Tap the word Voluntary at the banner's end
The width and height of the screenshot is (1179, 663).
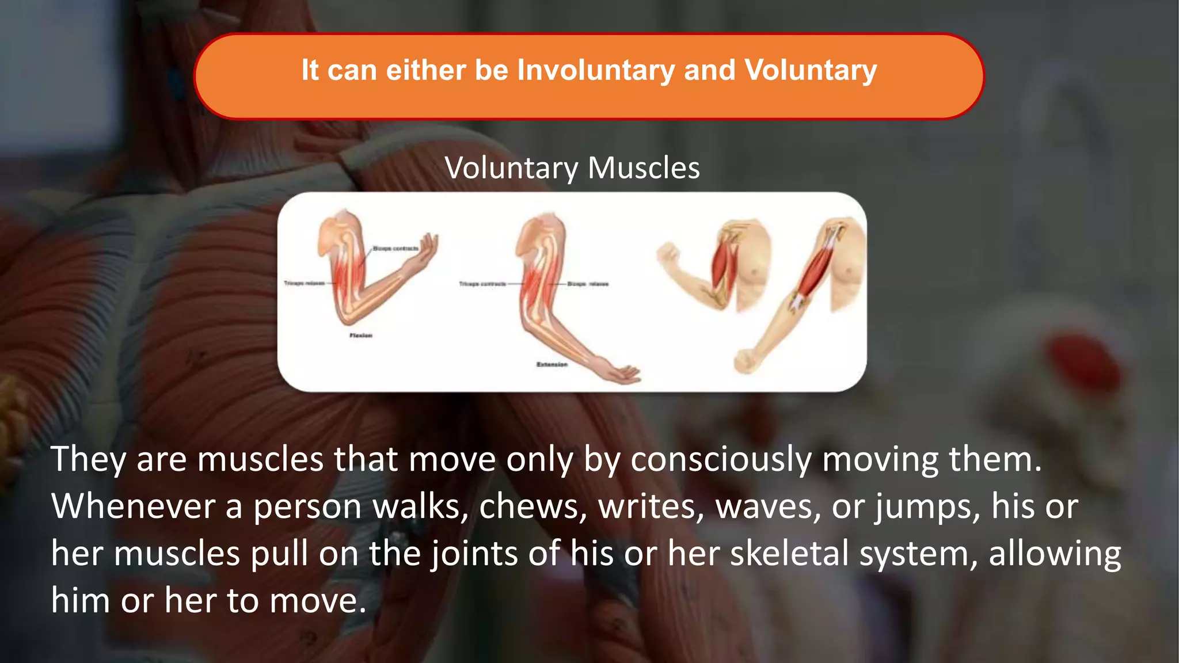pos(811,71)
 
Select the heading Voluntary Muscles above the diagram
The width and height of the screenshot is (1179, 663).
pos(572,168)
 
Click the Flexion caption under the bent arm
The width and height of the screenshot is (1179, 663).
pos(361,336)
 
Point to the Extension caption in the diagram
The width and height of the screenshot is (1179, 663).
pos(552,364)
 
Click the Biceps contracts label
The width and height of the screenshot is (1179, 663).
pos(395,249)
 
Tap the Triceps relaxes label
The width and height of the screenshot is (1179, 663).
pos(304,283)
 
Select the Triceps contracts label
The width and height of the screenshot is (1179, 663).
pos(482,284)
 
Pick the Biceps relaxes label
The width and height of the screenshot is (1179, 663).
pos(587,284)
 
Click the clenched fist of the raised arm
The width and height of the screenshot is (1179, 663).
pos(668,254)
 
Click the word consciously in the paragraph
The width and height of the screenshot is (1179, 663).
pos(721,460)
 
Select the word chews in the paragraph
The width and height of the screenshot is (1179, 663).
pos(528,507)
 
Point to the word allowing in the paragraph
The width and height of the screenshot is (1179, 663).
pos(1055,554)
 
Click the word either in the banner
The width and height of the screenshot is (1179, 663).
pos(426,71)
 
